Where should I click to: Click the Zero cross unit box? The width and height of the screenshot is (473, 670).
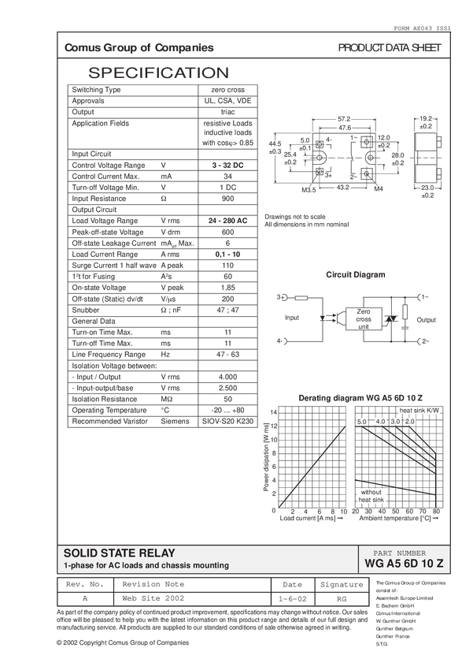(364, 318)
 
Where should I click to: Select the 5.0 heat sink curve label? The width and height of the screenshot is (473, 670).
(362, 422)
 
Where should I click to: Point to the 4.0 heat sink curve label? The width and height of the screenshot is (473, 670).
(381, 422)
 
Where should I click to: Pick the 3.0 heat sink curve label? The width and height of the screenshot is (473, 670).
(395, 422)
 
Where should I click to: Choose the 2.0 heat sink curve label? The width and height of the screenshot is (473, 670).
(409, 422)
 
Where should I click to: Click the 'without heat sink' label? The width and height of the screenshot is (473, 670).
(371, 496)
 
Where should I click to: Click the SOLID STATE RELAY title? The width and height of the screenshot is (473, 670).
(119, 553)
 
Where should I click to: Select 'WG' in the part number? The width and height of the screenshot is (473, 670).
(372, 564)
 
